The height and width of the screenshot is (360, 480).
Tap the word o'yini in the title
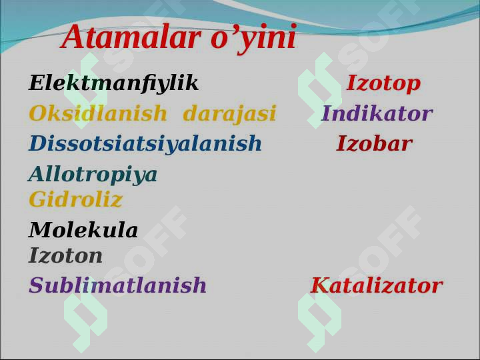(x=254, y=39)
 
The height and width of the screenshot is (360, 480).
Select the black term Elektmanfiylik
(x=113, y=83)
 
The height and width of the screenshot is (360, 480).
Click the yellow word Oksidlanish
(x=98, y=113)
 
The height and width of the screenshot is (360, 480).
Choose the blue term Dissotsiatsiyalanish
(x=145, y=143)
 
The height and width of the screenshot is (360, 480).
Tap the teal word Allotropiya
(x=93, y=175)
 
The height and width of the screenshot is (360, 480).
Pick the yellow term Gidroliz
(x=75, y=199)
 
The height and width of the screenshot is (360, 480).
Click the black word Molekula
(x=83, y=229)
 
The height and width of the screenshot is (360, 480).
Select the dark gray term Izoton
(x=65, y=255)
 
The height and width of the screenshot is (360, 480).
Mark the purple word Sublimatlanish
(x=117, y=285)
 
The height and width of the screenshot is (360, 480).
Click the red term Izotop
(x=383, y=83)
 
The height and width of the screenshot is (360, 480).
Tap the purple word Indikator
(x=377, y=113)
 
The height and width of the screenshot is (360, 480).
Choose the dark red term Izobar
(x=375, y=143)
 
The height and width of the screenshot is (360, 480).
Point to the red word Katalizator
(x=377, y=285)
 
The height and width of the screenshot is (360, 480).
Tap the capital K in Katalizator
(x=321, y=285)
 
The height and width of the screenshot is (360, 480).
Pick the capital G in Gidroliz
(x=37, y=199)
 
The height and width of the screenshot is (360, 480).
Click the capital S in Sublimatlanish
(x=36, y=285)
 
